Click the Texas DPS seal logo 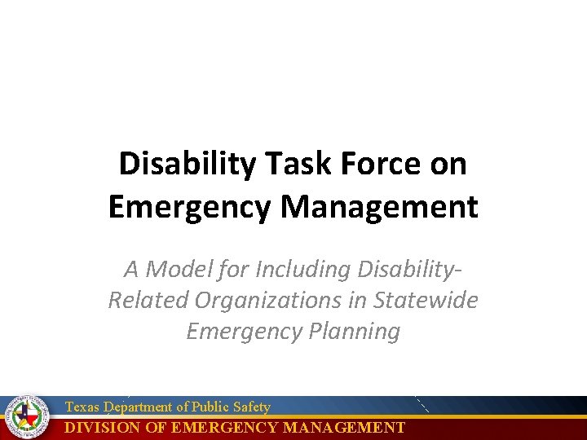(27, 417)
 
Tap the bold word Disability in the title (186, 165)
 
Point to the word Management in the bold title (379, 207)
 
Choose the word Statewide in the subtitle (426, 300)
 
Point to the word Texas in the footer (80, 407)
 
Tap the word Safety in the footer (252, 407)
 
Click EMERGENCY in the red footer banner (220, 428)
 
